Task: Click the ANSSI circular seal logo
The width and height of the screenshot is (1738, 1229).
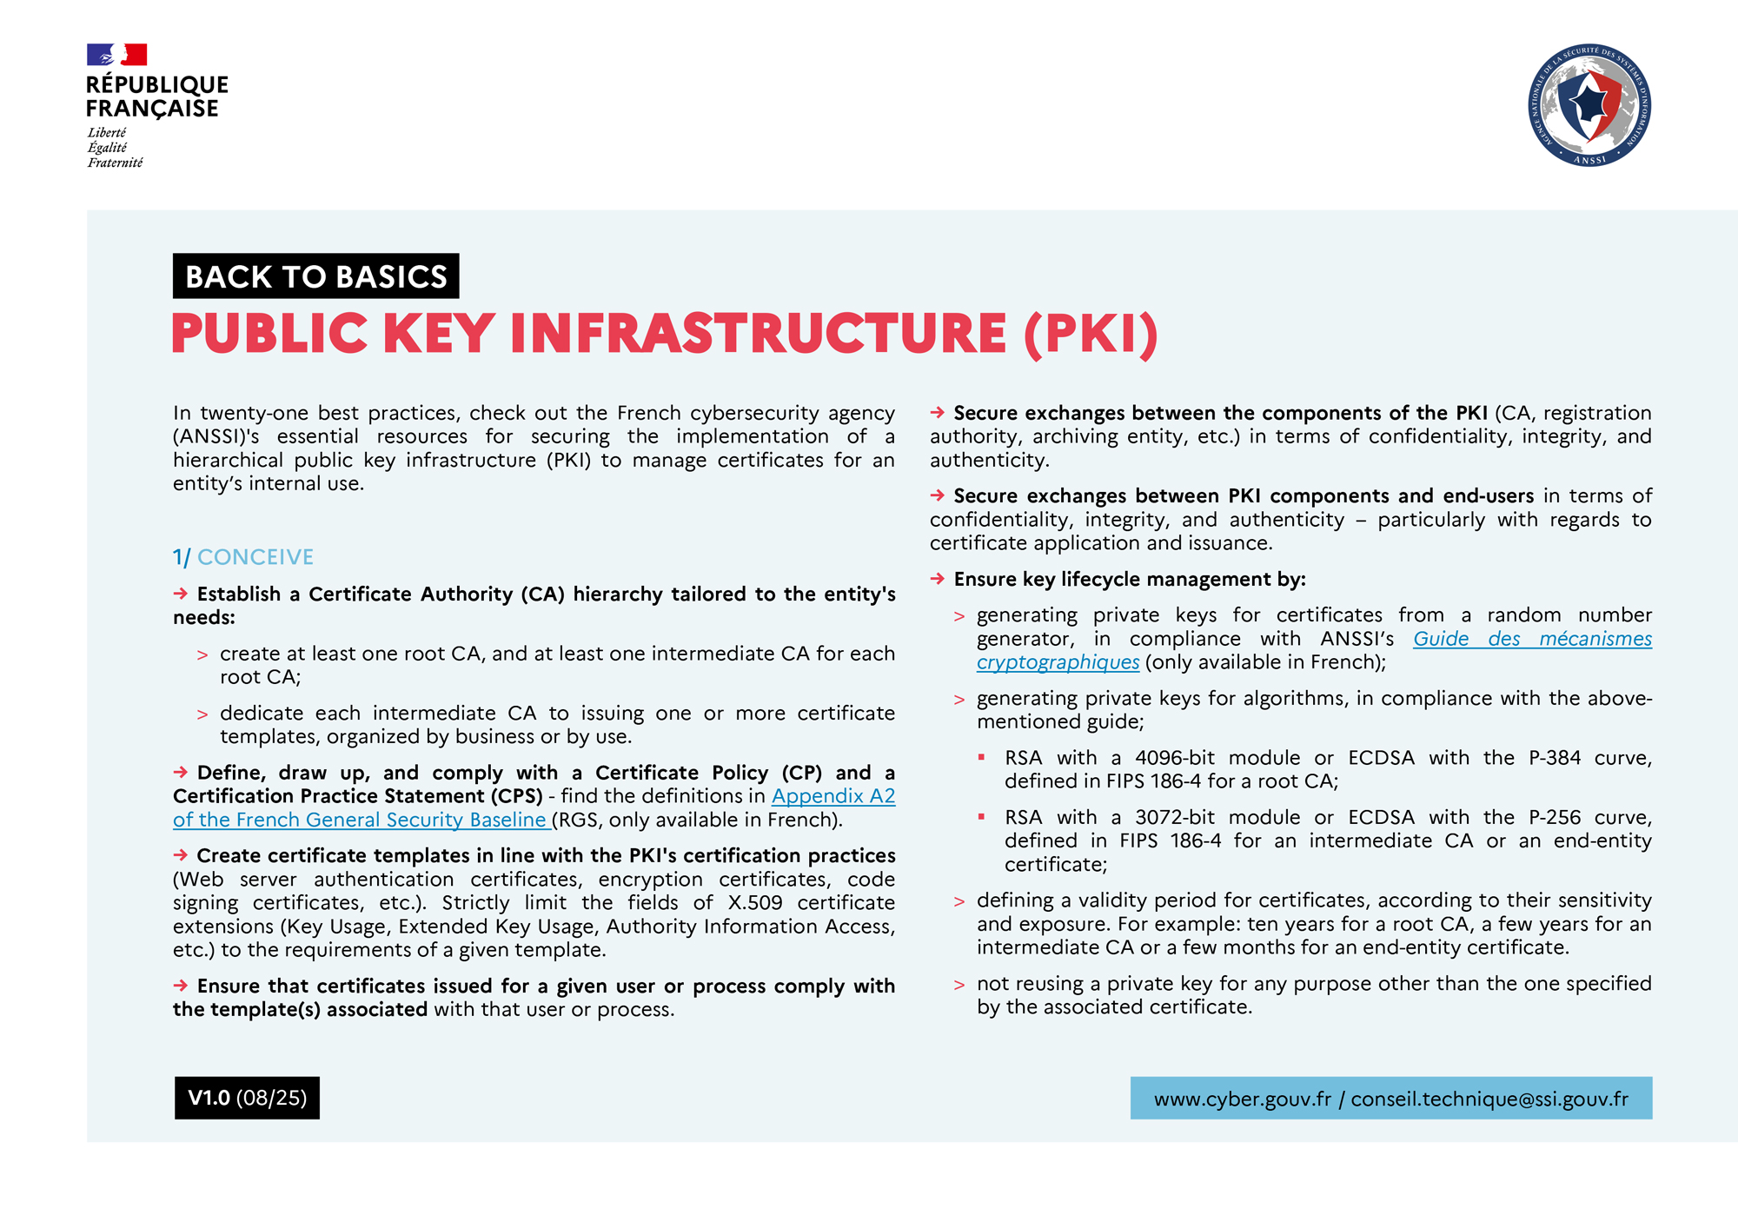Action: (x=1589, y=105)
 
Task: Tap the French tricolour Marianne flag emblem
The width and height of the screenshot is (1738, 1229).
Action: (x=116, y=55)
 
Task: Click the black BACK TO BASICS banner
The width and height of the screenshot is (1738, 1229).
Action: (x=315, y=276)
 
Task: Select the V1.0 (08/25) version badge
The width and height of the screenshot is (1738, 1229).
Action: (x=247, y=1098)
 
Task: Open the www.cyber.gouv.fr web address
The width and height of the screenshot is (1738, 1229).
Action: (x=1242, y=1099)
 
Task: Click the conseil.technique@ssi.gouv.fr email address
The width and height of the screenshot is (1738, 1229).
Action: (x=1489, y=1099)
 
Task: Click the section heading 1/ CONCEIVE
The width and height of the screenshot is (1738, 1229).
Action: (x=243, y=557)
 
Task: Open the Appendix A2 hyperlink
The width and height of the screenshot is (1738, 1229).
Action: (x=833, y=796)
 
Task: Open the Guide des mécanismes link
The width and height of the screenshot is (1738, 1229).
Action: (x=1531, y=639)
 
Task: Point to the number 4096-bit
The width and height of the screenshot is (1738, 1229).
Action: (x=1174, y=758)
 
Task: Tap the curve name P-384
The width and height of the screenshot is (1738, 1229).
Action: (x=1555, y=758)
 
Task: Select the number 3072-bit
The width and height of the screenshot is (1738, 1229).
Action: (x=1174, y=817)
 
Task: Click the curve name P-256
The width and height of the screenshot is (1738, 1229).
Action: (x=1555, y=817)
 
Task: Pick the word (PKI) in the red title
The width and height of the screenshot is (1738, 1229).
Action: (x=1091, y=334)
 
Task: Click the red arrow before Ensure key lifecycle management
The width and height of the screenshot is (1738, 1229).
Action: (x=938, y=579)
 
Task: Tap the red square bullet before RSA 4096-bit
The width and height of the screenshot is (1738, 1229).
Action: (x=982, y=758)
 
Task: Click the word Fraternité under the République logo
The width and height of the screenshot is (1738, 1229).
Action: (x=115, y=163)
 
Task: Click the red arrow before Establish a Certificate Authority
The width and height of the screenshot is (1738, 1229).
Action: (x=181, y=594)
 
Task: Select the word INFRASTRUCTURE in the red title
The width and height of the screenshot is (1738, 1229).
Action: (x=758, y=334)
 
